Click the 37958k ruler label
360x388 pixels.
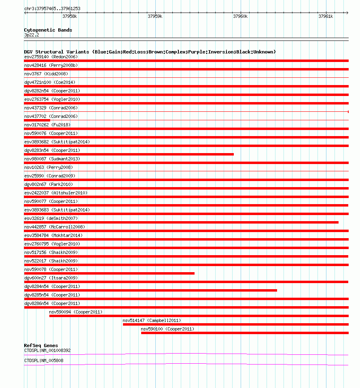[x=70, y=17]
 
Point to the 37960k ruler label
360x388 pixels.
[x=240, y=17]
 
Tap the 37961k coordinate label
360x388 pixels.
[x=326, y=17]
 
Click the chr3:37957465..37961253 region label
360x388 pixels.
[x=52, y=9]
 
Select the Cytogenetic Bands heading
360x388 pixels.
[x=48, y=30]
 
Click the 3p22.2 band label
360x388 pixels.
[x=32, y=35]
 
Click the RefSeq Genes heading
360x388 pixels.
[x=41, y=345]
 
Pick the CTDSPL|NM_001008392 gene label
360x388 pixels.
[x=47, y=350]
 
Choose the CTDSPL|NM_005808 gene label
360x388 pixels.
[x=44, y=360]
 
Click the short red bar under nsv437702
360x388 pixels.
[x=37, y=120]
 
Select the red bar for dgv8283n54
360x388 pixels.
[x=129, y=154]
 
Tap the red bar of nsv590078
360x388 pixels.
[x=109, y=273]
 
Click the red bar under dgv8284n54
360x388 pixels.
[x=150, y=290]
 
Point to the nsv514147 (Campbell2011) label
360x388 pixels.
[x=152, y=320]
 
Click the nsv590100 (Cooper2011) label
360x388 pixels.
[x=167, y=329]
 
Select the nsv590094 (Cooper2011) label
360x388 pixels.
[x=76, y=312]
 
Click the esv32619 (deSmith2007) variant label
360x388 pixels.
[x=51, y=218]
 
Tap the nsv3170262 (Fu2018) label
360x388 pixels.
[x=47, y=125]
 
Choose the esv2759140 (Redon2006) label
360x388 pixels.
[x=51, y=57]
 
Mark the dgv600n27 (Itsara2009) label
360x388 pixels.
[x=51, y=278]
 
